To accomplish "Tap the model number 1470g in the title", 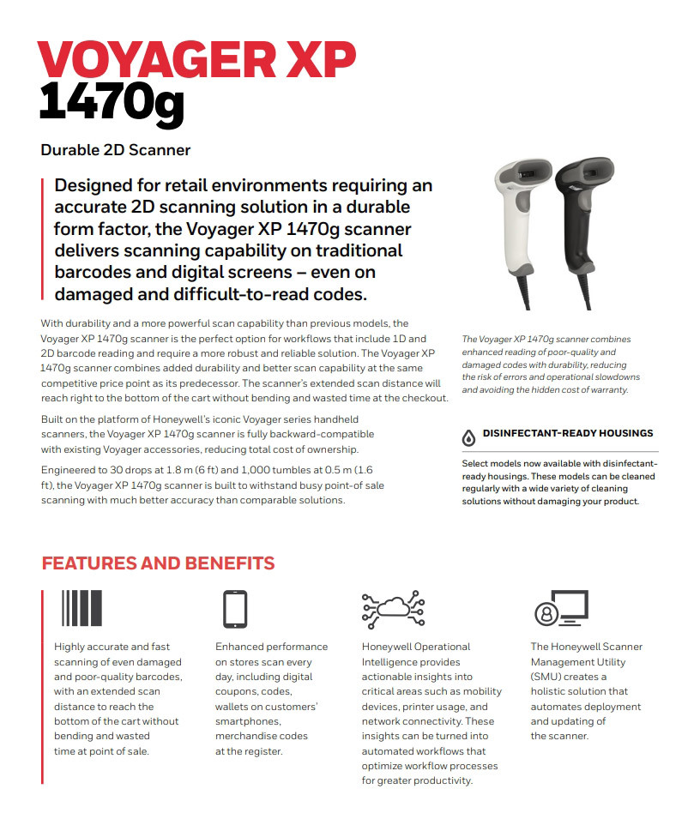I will coord(112,104).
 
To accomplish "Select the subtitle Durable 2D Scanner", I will coord(115,150).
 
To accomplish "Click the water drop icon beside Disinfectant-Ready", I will coord(468,437).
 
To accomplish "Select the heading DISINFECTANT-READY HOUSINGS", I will coord(568,433).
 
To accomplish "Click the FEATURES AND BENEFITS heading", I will coord(158,563).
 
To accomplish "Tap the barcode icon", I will coord(81,609).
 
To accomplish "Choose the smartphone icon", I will coord(234,609).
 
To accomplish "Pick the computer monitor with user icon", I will coord(561,609).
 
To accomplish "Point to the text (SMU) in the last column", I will coord(546,677).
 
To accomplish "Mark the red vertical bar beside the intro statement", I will coord(42,240).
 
